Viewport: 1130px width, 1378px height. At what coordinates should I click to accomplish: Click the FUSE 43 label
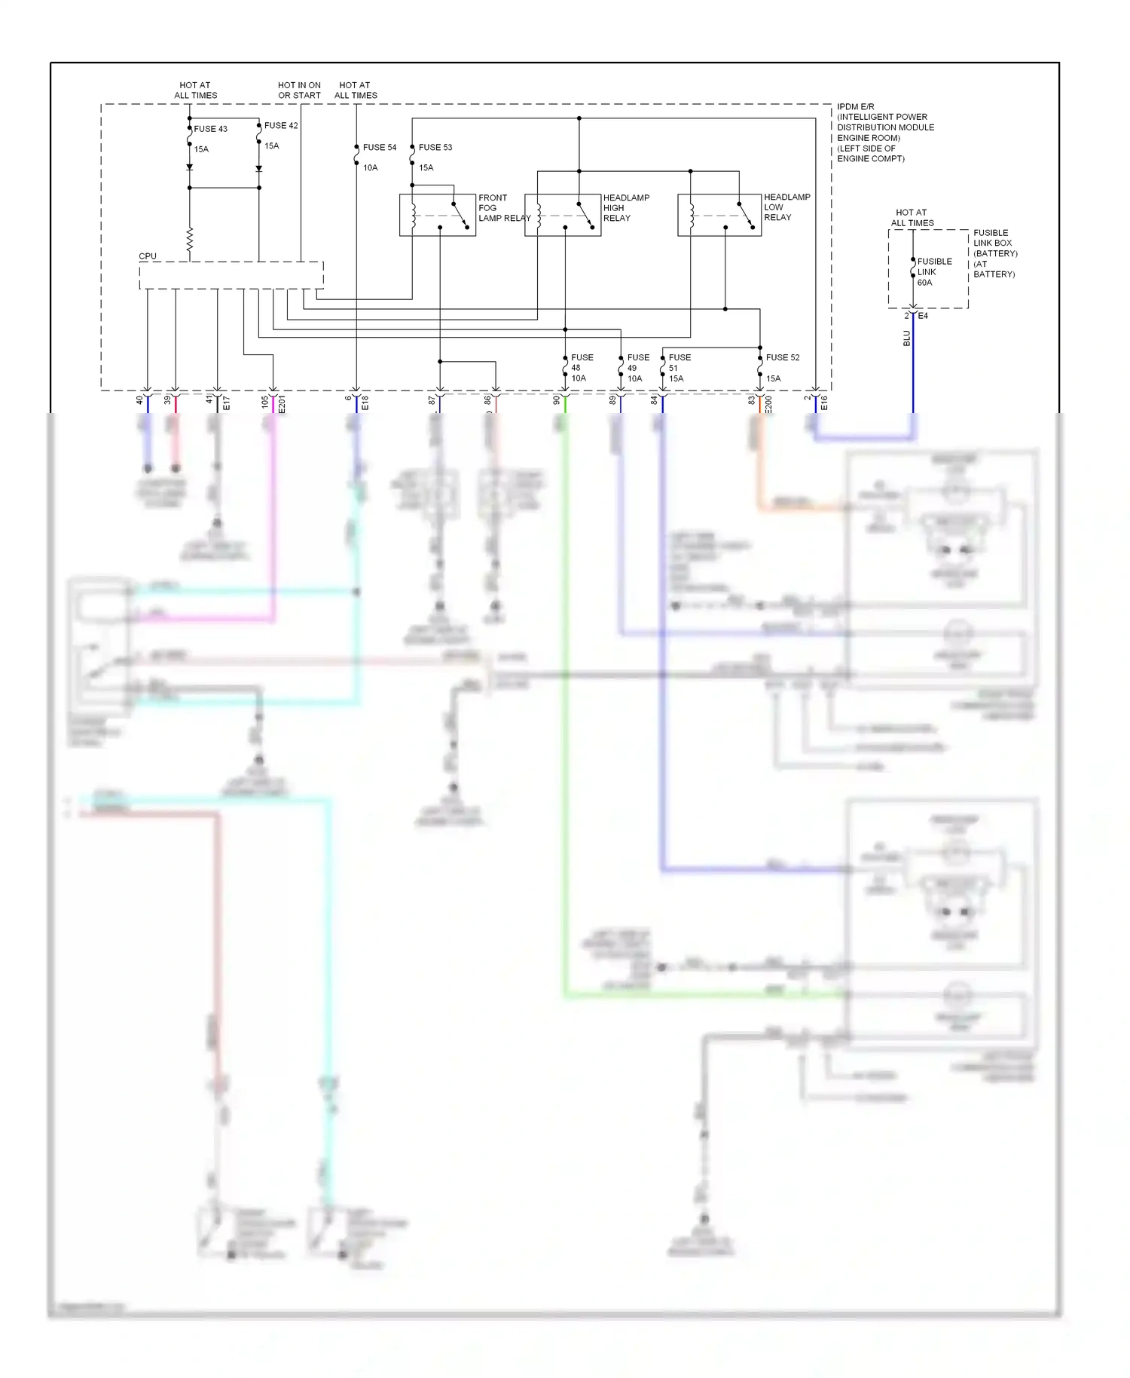[210, 129]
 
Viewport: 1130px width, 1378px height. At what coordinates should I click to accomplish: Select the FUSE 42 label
[281, 126]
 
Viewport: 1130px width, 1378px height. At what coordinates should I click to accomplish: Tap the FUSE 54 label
[380, 148]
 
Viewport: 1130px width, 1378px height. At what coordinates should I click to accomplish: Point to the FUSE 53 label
[435, 148]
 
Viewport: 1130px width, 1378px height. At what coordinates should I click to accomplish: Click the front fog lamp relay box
[437, 216]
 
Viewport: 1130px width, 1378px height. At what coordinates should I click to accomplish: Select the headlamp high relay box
[563, 216]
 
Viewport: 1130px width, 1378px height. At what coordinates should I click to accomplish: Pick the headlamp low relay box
[719, 216]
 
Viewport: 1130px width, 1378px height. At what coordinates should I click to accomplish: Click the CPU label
[148, 256]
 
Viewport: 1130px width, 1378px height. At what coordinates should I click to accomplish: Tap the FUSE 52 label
[783, 357]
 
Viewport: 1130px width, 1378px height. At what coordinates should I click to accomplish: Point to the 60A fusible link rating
[924, 283]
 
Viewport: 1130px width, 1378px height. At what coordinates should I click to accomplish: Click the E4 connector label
[923, 316]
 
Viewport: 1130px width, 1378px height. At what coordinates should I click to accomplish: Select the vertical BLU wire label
[907, 338]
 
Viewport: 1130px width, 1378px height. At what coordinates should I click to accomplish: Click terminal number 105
[265, 402]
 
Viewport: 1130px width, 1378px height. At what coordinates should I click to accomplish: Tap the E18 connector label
[365, 403]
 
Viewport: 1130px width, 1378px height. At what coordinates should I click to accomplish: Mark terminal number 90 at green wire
[557, 400]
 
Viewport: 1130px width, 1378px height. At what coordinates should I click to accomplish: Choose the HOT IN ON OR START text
[299, 90]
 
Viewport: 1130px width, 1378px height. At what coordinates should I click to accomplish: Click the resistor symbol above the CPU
[190, 240]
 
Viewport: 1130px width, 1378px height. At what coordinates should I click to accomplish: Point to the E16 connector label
[824, 403]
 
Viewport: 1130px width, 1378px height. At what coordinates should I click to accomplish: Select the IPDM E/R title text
[856, 107]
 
